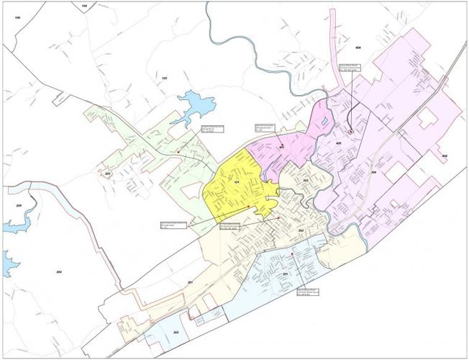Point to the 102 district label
point(164,78)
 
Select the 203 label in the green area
point(108,174)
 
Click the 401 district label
point(282,148)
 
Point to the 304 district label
point(373,173)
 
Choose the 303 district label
point(305,180)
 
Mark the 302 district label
point(301,230)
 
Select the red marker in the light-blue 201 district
point(292,254)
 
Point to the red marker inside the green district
point(178,152)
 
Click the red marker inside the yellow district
point(248,207)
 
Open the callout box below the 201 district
point(309,292)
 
